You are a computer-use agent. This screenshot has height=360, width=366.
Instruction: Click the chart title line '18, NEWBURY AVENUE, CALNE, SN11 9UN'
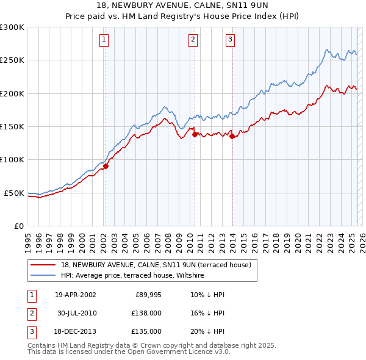[x=182, y=5]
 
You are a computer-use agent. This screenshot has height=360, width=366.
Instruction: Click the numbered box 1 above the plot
[x=104, y=40]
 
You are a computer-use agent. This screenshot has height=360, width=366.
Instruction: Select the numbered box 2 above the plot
[x=193, y=40]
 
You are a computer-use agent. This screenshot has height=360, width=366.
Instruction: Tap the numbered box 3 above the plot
[x=231, y=40]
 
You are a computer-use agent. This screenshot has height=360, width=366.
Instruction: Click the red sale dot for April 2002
[x=106, y=165]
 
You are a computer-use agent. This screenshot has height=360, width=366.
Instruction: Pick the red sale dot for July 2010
[x=195, y=134]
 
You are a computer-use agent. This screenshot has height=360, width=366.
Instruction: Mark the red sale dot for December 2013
[x=232, y=137]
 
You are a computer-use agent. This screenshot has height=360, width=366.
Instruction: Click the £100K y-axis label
[x=12, y=159]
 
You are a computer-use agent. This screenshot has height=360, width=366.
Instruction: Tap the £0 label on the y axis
[x=18, y=226]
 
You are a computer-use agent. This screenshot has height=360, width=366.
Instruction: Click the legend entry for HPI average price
[x=132, y=276]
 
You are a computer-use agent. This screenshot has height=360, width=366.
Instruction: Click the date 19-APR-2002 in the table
[x=75, y=295]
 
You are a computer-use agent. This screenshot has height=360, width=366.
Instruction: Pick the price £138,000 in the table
[x=146, y=313]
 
